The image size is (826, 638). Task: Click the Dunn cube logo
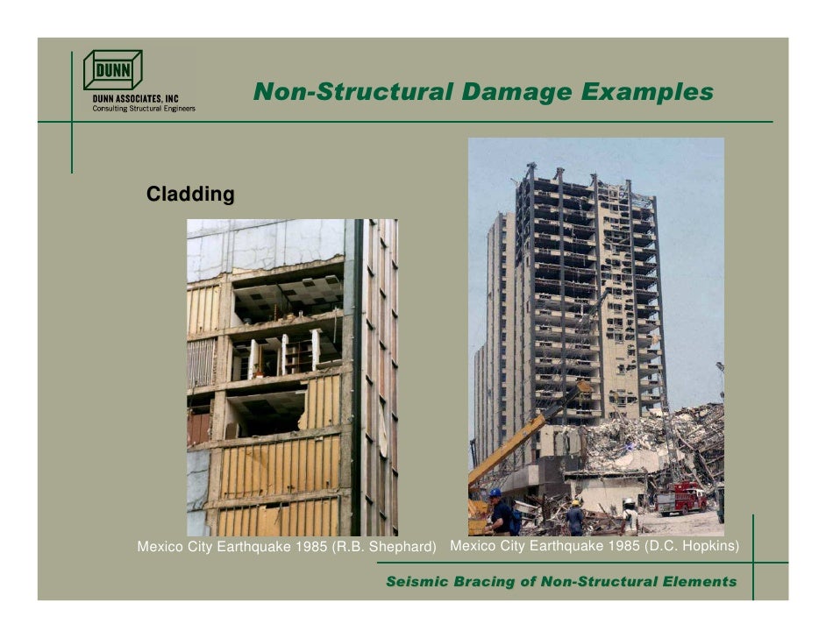click(112, 70)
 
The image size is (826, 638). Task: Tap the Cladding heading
click(190, 194)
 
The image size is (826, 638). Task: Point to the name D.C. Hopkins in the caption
click(692, 547)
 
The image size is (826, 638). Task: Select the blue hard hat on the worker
click(495, 493)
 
